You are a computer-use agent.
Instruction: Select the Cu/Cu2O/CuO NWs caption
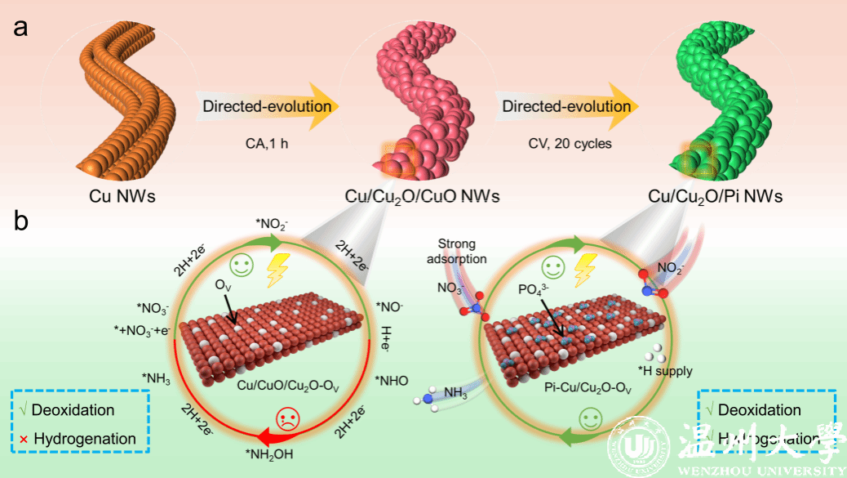423,196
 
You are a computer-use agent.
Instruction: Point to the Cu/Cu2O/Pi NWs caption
715,196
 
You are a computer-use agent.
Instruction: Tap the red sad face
289,420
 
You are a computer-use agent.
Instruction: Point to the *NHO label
392,379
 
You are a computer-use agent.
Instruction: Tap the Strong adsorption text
462,251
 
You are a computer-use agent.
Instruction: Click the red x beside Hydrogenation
23,440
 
